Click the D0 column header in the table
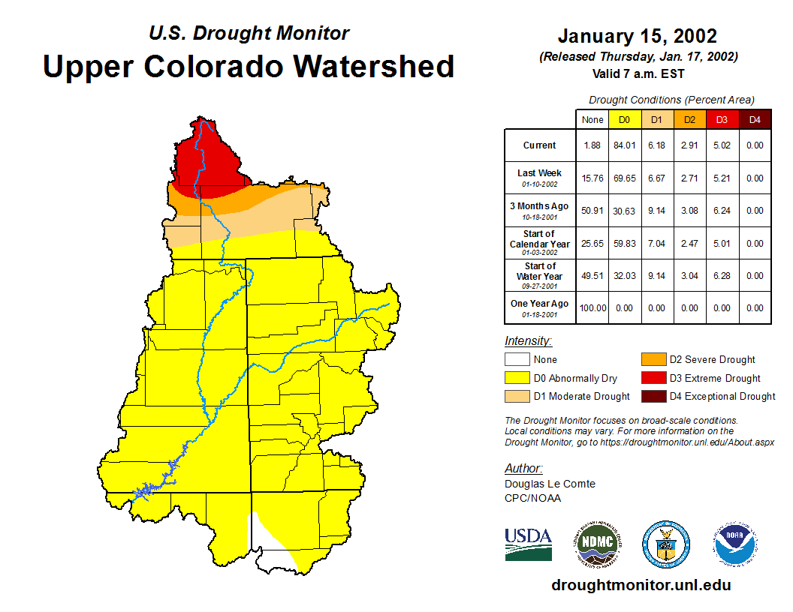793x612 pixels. (x=625, y=119)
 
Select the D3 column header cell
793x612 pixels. (x=722, y=119)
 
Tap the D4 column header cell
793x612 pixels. (x=755, y=119)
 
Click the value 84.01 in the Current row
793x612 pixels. (x=625, y=145)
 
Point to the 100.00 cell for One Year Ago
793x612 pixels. (x=592, y=308)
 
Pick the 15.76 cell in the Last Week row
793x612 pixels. (x=592, y=178)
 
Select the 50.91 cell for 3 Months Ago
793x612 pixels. (x=592, y=211)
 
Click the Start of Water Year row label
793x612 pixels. (x=540, y=275)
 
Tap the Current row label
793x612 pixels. (x=540, y=145)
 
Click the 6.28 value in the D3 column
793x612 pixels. (x=722, y=276)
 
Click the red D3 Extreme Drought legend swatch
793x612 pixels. (x=652, y=378)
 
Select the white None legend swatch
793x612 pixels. (x=517, y=360)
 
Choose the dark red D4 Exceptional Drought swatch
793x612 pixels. (x=652, y=396)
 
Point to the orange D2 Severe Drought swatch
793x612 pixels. (x=652, y=360)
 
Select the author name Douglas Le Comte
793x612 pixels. (x=550, y=484)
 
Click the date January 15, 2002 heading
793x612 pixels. (x=638, y=36)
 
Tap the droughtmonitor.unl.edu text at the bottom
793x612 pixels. (x=641, y=585)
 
